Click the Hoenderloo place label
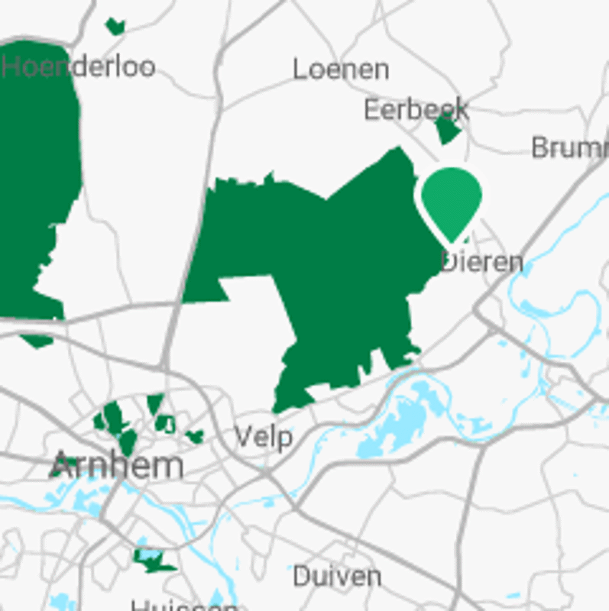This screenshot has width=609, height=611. pos(79,66)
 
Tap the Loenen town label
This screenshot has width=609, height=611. pos(341,70)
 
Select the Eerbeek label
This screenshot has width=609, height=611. pos(416,110)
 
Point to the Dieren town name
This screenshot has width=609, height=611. pos(483,262)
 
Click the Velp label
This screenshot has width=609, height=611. pos(263,438)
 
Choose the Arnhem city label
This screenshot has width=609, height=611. pos(117,465)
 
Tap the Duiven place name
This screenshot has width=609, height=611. pos(337,576)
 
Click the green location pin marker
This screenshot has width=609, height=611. pos(452,200)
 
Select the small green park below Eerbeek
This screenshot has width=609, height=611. pos(447,131)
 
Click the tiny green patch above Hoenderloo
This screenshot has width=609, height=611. pos(115,27)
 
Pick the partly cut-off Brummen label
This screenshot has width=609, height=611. pos(569,147)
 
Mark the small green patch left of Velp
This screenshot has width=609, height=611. pos(195,436)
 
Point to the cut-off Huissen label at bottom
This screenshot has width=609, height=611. pos(183,606)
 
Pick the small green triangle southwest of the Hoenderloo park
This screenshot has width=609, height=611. pos(37,341)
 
